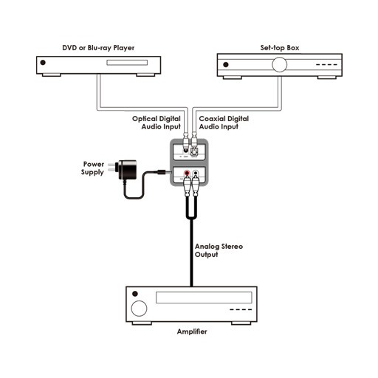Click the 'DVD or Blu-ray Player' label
click(98, 48)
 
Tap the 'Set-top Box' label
click(280, 48)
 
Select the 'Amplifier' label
click(192, 331)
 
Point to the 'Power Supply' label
click(92, 168)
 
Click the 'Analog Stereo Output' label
click(219, 250)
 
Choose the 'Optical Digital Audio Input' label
click(157, 123)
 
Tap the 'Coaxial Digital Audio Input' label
click(224, 123)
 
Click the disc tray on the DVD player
click(127, 63)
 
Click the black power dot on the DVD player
click(43, 63)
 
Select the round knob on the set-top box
click(279, 64)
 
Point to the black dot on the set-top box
click(226, 64)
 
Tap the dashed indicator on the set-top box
click(326, 65)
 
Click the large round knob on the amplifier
click(139, 309)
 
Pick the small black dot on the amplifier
click(135, 294)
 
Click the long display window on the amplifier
click(204, 298)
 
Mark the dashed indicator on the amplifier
click(241, 309)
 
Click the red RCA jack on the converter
click(187, 173)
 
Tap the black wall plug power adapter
click(126, 170)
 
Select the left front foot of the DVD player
click(52, 75)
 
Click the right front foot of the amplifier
click(241, 323)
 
